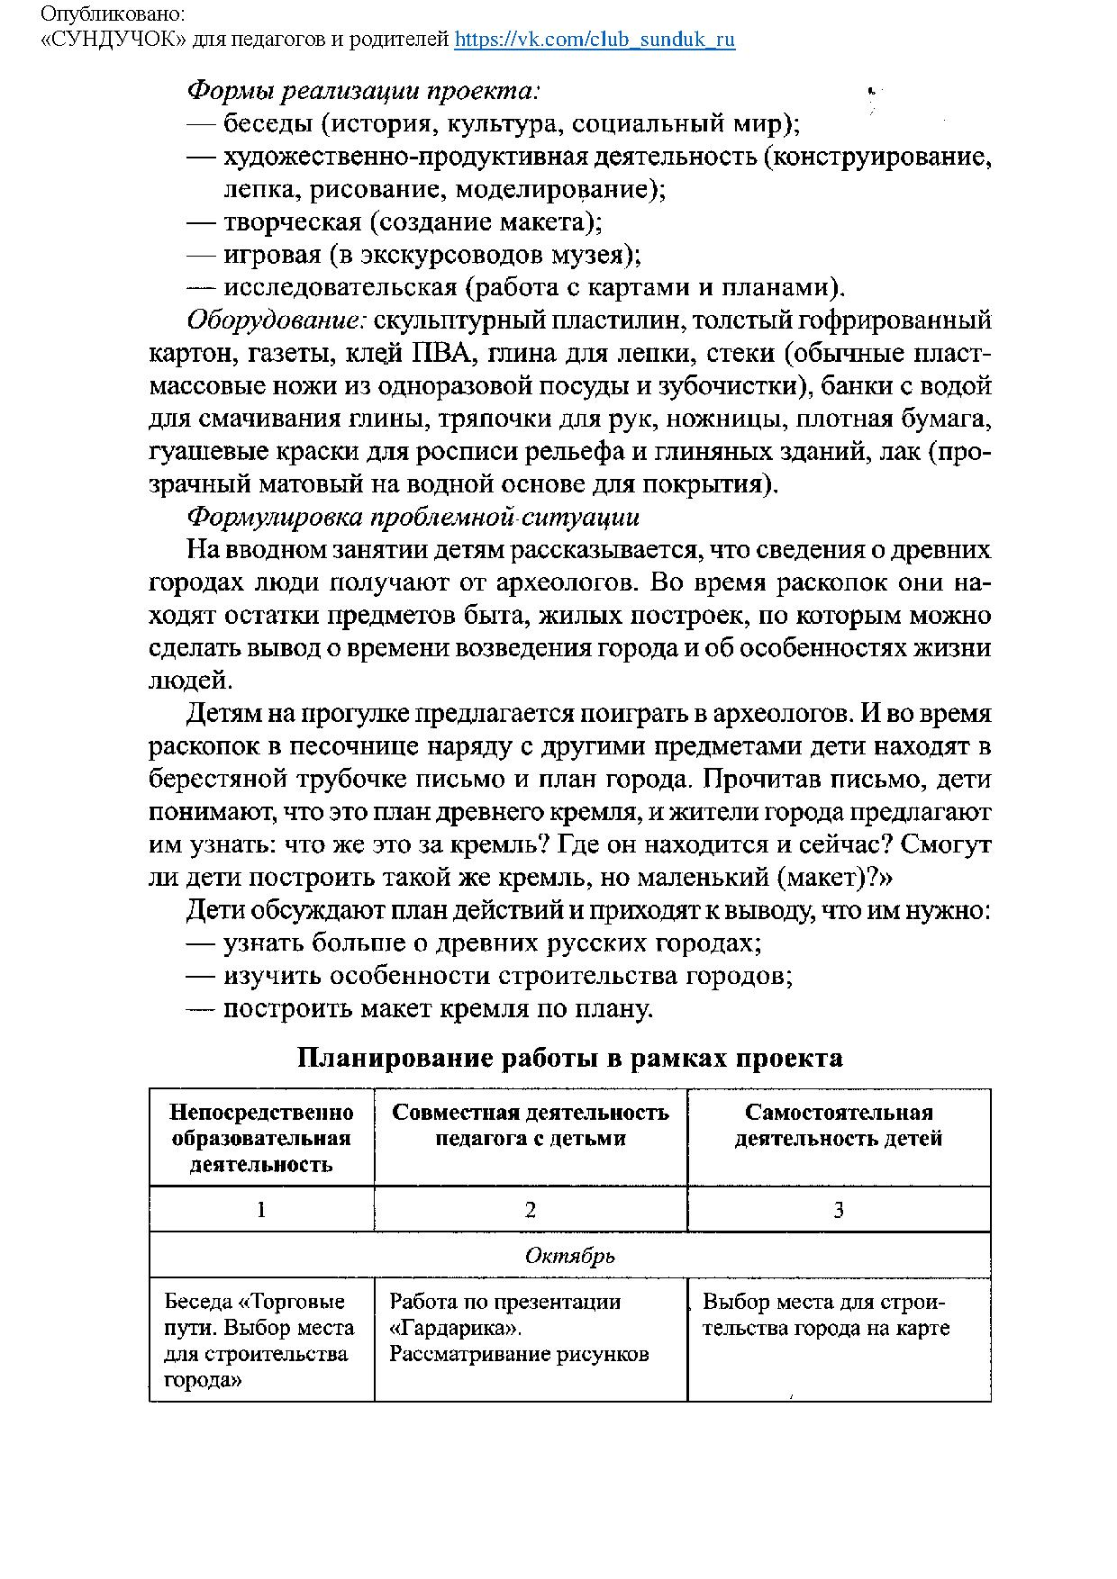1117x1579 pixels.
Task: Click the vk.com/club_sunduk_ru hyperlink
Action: click(595, 40)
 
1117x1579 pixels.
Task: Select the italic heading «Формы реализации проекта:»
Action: click(363, 91)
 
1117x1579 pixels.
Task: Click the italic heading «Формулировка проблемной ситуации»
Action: click(413, 517)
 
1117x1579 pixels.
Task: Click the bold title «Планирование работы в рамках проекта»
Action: click(570, 1058)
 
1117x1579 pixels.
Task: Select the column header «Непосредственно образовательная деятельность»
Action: click(261, 1138)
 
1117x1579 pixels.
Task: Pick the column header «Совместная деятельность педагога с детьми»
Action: click(531, 1125)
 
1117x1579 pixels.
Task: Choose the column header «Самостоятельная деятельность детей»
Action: click(839, 1125)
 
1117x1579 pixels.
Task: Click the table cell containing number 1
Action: click(261, 1210)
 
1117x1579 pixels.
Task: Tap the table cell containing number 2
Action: click(531, 1210)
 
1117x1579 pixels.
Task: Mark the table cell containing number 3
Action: click(839, 1210)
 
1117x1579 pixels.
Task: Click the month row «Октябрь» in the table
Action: click(570, 1256)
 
